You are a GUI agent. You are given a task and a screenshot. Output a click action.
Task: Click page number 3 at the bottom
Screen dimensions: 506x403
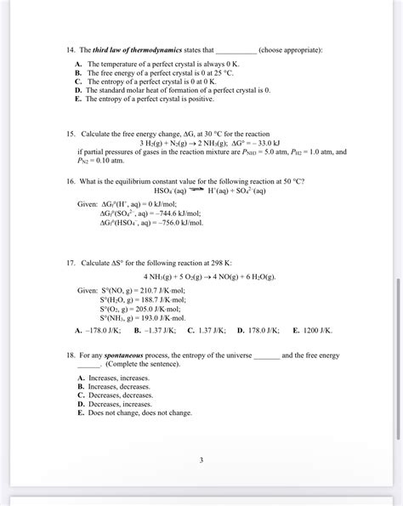tap(201, 460)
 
